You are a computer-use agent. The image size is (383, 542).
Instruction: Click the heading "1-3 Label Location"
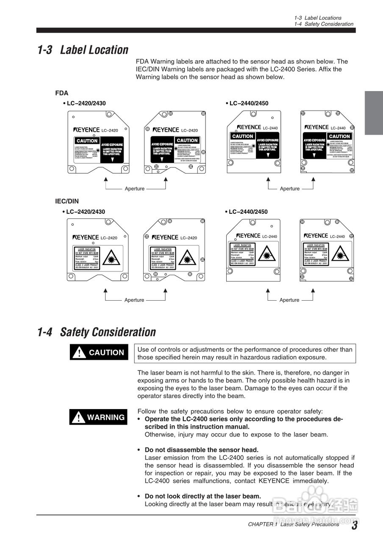click(83, 50)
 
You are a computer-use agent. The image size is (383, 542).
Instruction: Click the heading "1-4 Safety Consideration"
click(97, 332)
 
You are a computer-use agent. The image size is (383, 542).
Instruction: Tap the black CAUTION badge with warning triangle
click(99, 352)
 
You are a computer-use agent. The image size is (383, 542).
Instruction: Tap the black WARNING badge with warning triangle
click(99, 418)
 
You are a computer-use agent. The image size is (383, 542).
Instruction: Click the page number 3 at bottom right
click(354, 525)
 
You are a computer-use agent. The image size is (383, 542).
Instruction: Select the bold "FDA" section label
click(61, 93)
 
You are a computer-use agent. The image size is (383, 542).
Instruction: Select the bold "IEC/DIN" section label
click(67, 201)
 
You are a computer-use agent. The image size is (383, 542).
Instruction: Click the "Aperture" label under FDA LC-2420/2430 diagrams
click(134, 189)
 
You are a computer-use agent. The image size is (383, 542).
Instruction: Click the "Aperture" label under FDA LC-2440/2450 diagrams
click(290, 189)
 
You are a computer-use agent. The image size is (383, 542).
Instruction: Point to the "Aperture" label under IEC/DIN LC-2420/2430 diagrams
click(134, 300)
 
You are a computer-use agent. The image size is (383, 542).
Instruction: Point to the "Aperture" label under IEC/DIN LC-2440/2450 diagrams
click(289, 300)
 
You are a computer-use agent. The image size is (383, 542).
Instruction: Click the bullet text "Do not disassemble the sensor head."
click(201, 450)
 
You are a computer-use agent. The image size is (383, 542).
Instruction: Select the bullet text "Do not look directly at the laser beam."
click(203, 496)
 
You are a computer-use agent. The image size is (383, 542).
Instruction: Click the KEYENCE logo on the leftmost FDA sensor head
click(86, 130)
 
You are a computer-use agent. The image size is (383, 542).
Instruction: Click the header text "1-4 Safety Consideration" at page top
click(324, 24)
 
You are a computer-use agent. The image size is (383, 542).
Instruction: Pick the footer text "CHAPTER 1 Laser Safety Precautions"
click(294, 524)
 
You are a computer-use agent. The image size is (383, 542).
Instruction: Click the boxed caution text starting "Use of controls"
click(244, 353)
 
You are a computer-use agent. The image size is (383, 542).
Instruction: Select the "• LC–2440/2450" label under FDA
click(247, 103)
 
